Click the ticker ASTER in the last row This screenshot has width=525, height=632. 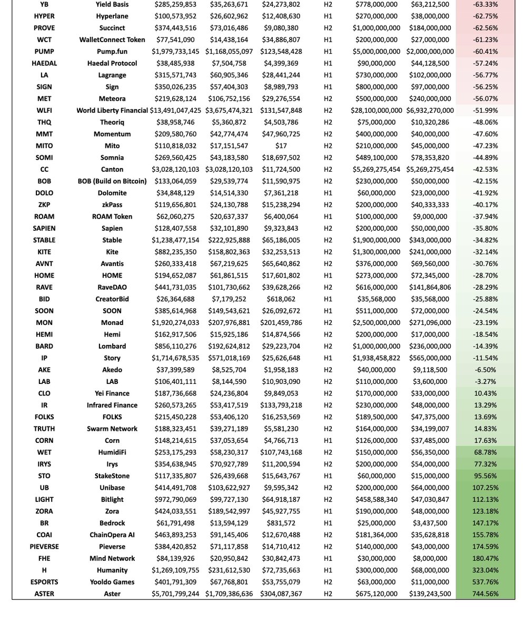click(x=44, y=594)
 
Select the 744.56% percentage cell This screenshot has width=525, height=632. click(x=486, y=594)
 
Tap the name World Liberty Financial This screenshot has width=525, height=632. click(x=112, y=110)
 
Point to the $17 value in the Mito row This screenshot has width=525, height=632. click(x=281, y=146)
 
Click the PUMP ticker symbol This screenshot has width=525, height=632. click(x=44, y=51)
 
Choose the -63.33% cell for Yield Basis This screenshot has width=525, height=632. click(x=486, y=4)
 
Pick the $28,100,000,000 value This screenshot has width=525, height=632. click(x=376, y=110)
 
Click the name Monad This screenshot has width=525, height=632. click(x=112, y=322)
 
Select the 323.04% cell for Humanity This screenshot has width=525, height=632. click(x=486, y=570)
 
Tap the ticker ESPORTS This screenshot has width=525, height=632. click(x=44, y=582)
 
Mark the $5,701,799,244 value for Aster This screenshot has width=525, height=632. click(x=175, y=594)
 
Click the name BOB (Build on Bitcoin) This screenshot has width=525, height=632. click(x=112, y=181)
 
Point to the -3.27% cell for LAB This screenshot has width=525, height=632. click(x=486, y=381)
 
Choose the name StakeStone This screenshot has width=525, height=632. click(x=112, y=476)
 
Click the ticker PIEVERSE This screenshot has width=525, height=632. click(x=44, y=547)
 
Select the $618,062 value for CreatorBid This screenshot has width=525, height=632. click(x=281, y=299)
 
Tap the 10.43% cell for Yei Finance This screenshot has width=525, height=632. click(x=486, y=393)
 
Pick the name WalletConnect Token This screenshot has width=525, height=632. click(x=112, y=39)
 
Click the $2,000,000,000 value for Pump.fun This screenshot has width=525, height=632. click(x=430, y=51)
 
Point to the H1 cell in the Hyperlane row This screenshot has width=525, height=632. click(x=328, y=16)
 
